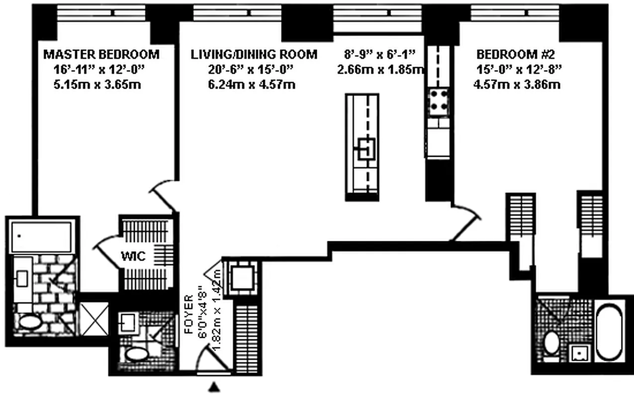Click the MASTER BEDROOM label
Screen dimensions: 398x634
click(101, 54)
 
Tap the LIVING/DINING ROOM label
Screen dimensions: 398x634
click(254, 54)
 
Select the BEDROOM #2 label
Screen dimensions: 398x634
click(513, 54)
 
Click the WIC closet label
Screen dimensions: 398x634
click(133, 257)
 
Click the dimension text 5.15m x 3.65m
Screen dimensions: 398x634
click(97, 85)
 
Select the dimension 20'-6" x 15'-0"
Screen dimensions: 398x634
click(247, 70)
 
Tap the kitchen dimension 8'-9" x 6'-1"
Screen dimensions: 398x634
click(383, 54)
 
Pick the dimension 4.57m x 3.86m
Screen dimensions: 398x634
click(517, 85)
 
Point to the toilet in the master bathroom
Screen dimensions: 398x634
click(30, 321)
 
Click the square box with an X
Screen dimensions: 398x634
click(94, 318)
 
